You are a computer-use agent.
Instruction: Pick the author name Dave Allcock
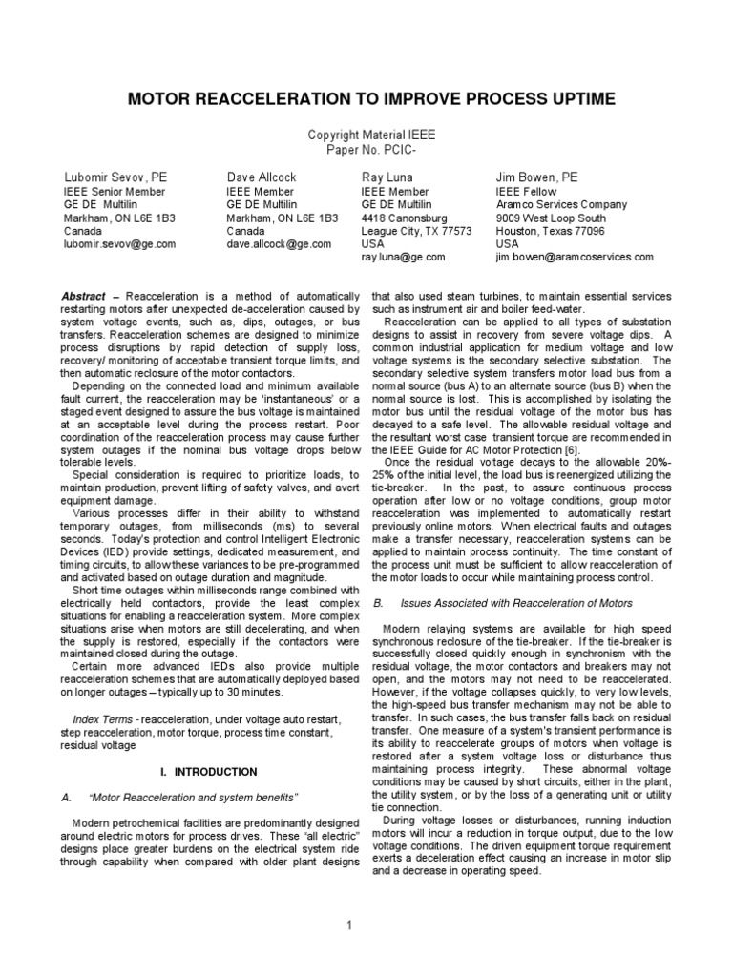pos(263,177)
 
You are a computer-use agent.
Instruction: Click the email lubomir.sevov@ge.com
pos(119,244)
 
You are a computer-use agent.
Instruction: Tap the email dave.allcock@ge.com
pos(279,244)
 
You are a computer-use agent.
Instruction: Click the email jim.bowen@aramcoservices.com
pos(574,258)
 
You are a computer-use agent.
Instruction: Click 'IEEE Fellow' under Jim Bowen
pos(525,191)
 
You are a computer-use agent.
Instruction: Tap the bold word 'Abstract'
pos(82,297)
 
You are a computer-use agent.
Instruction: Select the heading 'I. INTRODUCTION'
pos(208,770)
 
